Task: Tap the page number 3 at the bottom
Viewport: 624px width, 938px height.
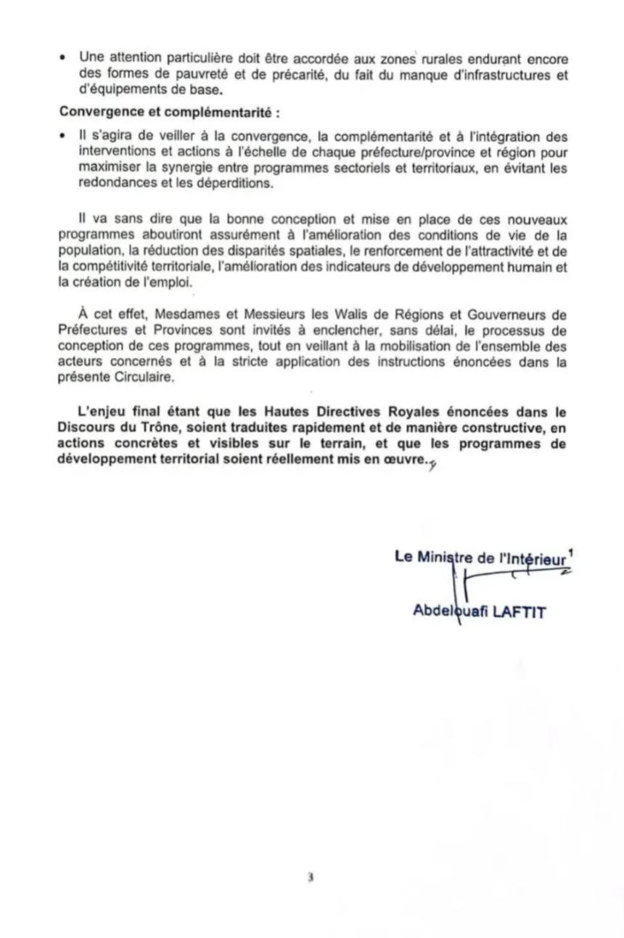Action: (310, 877)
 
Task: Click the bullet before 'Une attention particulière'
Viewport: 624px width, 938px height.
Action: (65, 58)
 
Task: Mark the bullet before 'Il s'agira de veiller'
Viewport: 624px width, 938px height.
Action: (65, 136)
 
